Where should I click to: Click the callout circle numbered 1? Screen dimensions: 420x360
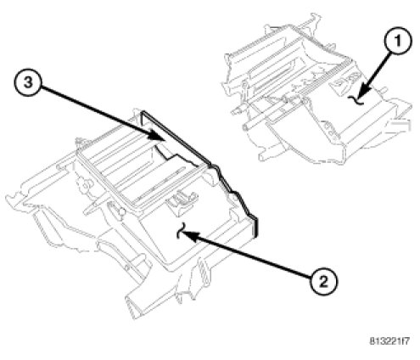[398, 42]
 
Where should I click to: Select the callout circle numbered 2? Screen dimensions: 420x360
[323, 282]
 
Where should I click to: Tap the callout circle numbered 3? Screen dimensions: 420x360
[28, 83]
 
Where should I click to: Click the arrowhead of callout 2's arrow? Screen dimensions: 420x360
[187, 235]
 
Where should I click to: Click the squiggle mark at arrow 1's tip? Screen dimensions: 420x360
[355, 99]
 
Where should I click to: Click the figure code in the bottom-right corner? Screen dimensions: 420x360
[389, 340]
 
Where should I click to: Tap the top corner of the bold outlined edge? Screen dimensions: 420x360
[143, 111]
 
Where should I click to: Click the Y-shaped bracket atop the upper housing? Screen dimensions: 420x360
[312, 20]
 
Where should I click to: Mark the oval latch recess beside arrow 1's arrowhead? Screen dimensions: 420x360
[345, 80]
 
